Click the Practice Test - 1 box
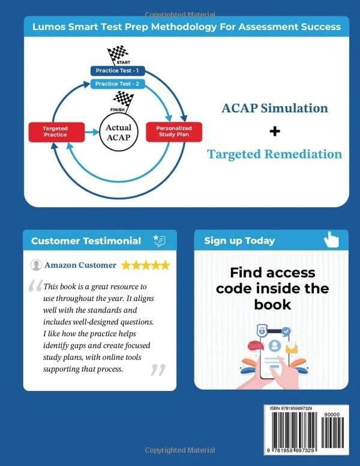pyautogui.click(x=118, y=71)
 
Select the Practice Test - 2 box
pyautogui.click(x=118, y=84)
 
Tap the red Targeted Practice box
pyautogui.click(x=56, y=132)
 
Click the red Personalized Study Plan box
pyautogui.click(x=174, y=132)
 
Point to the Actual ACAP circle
pyautogui.click(x=119, y=132)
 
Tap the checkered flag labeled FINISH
pyautogui.click(x=123, y=100)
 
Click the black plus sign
pyautogui.click(x=275, y=131)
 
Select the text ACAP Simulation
pyautogui.click(x=275, y=108)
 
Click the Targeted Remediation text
pyautogui.click(x=274, y=154)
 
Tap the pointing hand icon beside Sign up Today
pyautogui.click(x=331, y=240)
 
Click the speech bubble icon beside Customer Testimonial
pyautogui.click(x=160, y=241)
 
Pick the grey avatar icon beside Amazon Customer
pyautogui.click(x=36, y=265)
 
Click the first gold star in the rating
pyautogui.click(x=126, y=265)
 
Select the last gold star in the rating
pyautogui.click(x=164, y=265)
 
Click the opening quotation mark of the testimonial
pyautogui.click(x=35, y=286)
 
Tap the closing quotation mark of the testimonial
pyautogui.click(x=158, y=370)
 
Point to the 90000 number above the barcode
pyautogui.click(x=332, y=414)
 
